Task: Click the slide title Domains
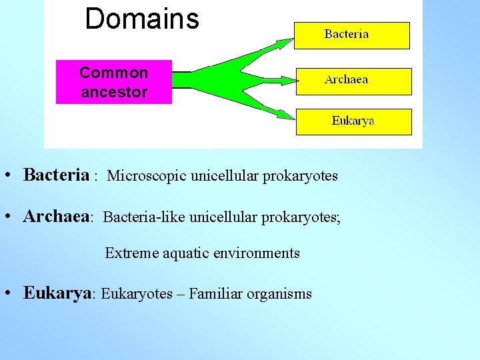pos(142,19)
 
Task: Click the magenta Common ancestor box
pos(113,82)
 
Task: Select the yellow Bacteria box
pos(352,35)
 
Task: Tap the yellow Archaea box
pos(353,81)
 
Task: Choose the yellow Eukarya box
pos(353,121)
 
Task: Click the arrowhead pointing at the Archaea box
pos(287,81)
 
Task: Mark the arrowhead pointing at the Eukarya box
pos(285,115)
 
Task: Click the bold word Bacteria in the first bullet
pos(56,175)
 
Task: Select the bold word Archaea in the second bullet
pos(56,217)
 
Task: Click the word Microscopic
pos(147,176)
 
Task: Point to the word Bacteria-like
pos(145,217)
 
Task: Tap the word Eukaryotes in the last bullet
pos(137,294)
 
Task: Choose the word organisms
pos(279,295)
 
